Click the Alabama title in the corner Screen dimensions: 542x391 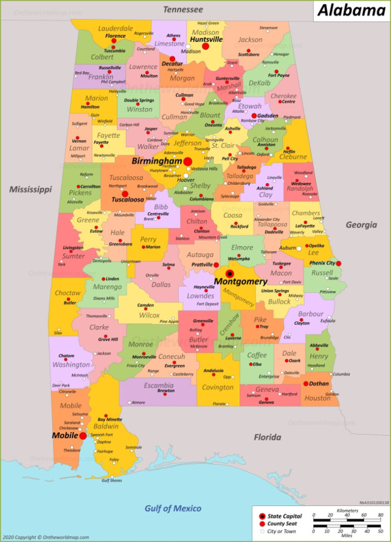[351, 10]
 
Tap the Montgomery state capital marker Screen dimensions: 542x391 [230, 273]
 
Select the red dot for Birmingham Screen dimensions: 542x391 [187, 161]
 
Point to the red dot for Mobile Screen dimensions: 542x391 [83, 436]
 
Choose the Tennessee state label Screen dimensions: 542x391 [183, 10]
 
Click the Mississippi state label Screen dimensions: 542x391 [30, 189]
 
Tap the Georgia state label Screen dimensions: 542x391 [361, 225]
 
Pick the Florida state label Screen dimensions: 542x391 [267, 437]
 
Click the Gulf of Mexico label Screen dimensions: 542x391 [173, 508]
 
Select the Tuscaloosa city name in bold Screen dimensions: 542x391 [127, 199]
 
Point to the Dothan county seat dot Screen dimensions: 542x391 [306, 384]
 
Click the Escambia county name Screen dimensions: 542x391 [158, 385]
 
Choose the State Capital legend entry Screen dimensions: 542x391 [285, 516]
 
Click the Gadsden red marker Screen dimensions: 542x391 [254, 115]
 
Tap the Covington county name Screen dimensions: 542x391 [218, 387]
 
